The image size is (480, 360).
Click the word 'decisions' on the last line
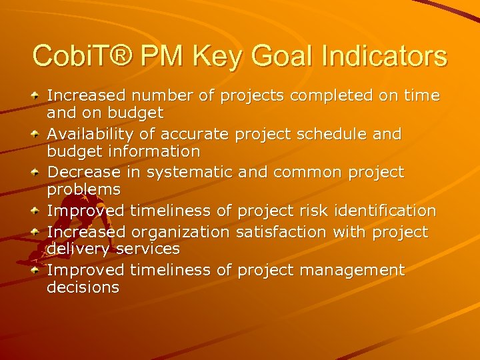(x=83, y=287)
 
